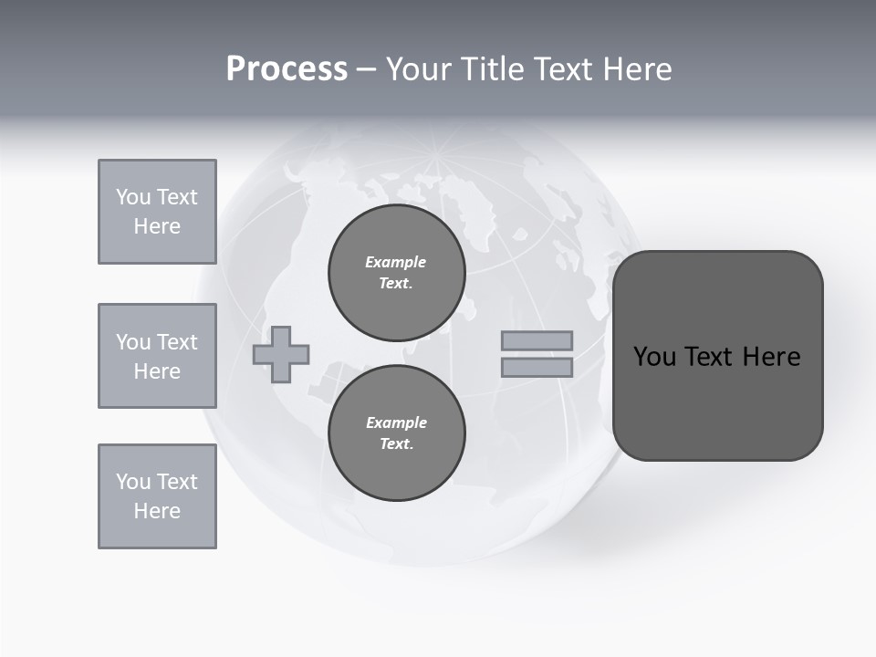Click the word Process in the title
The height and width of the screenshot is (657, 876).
coord(287,68)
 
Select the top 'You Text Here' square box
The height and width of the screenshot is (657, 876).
coord(157,212)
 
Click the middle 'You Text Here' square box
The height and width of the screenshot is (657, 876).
coord(157,356)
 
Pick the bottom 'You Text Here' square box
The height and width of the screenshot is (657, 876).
coord(157,496)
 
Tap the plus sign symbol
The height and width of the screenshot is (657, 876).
coord(281,354)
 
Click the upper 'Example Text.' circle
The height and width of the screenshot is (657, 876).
coord(396,273)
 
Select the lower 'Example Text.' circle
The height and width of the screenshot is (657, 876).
coord(396,433)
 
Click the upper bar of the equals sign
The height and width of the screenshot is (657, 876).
coord(537,340)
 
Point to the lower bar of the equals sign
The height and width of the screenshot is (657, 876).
coord(537,367)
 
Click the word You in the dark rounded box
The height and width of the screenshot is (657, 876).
coord(655,357)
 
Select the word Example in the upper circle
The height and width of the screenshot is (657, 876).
coord(395,262)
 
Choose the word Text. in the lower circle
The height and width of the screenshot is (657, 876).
coord(396,443)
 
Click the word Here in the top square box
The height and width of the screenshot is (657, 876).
coord(157,226)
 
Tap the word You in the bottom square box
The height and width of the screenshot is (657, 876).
coord(133,482)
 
